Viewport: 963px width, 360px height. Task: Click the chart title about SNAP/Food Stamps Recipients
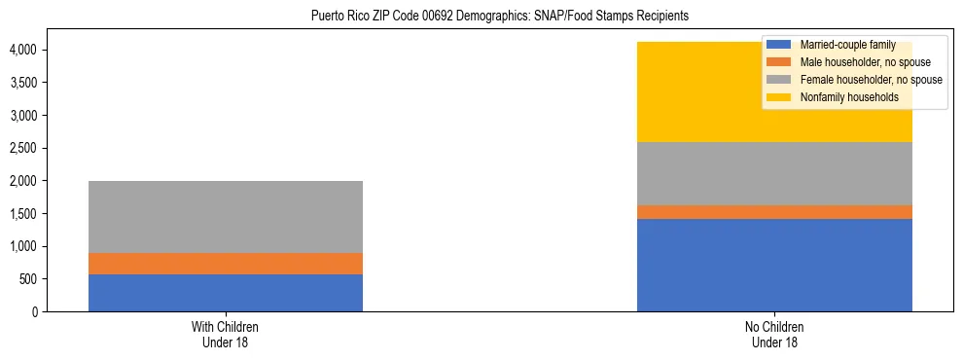point(499,17)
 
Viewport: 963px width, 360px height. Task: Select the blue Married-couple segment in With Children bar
point(226,293)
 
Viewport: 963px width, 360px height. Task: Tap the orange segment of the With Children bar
point(226,264)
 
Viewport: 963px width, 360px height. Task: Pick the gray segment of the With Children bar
point(226,217)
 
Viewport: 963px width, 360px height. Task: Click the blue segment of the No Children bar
point(774,265)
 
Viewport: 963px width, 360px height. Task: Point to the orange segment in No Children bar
point(774,212)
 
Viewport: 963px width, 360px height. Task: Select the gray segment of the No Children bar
point(774,173)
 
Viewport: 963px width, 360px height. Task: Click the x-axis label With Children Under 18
point(226,335)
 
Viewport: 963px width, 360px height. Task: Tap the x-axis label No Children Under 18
point(774,335)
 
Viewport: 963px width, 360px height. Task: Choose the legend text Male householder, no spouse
point(865,62)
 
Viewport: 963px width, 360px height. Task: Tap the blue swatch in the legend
point(780,45)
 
